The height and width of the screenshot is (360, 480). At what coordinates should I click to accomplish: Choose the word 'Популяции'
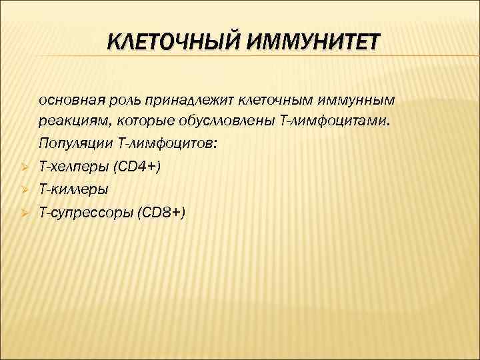tap(73, 144)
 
